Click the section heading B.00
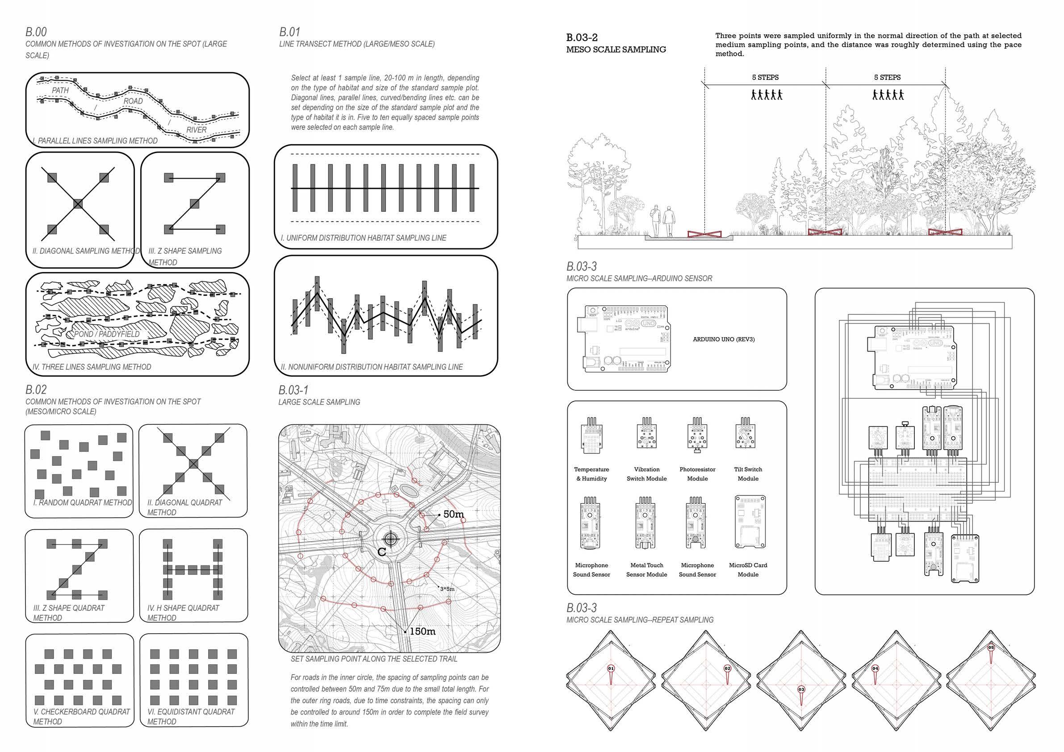pos(36,32)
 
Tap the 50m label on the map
pos(453,514)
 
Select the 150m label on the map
pos(422,631)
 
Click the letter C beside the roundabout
pos(382,552)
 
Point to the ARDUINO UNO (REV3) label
pos(723,340)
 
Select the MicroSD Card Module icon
pos(747,522)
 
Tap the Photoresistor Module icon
pos(697,434)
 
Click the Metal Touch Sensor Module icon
pos(646,523)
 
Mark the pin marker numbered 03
pos(801,690)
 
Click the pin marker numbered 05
pos(991,648)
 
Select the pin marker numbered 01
pos(611,668)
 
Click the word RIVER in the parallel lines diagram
pos(197,130)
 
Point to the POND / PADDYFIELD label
pos(107,334)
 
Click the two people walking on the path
pos(662,221)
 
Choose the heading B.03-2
pos(582,38)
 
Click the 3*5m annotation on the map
pos(447,589)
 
